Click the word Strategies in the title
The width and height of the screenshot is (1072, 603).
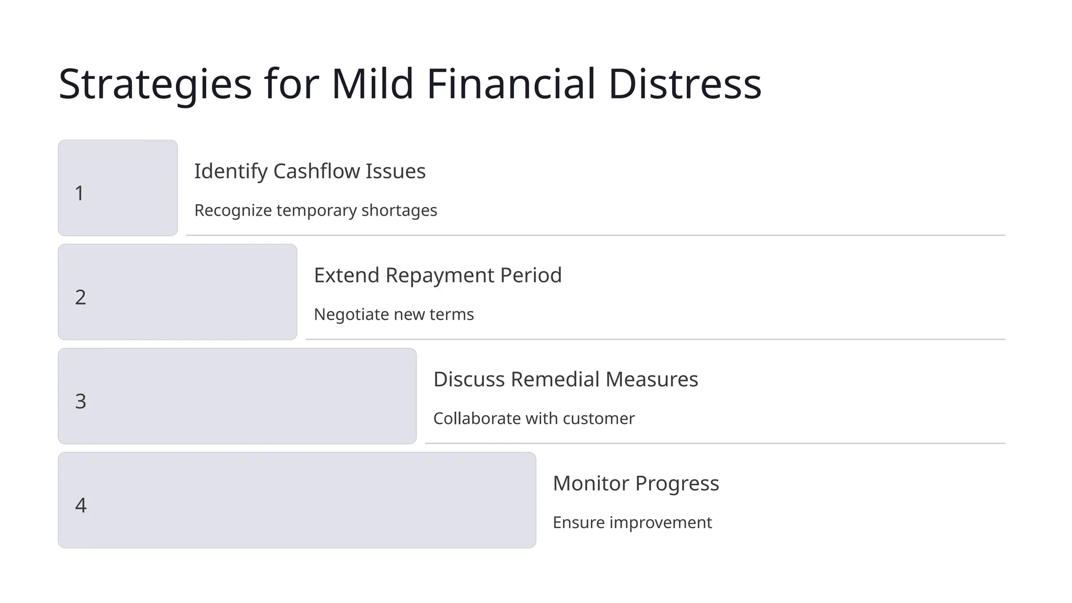click(x=155, y=85)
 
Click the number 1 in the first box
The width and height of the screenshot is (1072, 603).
click(x=80, y=193)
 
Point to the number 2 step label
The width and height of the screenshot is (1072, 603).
click(x=81, y=297)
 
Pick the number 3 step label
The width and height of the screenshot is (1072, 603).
click(x=81, y=401)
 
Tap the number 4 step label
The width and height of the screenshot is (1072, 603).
click(x=81, y=506)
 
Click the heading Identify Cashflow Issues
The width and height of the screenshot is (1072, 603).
click(x=310, y=171)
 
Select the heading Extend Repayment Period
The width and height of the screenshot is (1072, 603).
click(x=438, y=275)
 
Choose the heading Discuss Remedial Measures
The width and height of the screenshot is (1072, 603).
click(x=565, y=379)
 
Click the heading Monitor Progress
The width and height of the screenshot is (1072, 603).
click(x=635, y=484)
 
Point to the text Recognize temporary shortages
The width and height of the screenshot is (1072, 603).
click(x=316, y=210)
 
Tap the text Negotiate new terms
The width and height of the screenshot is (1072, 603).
click(x=394, y=315)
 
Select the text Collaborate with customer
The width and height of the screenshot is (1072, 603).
click(x=534, y=419)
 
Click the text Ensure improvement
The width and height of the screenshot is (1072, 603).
click(x=632, y=523)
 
